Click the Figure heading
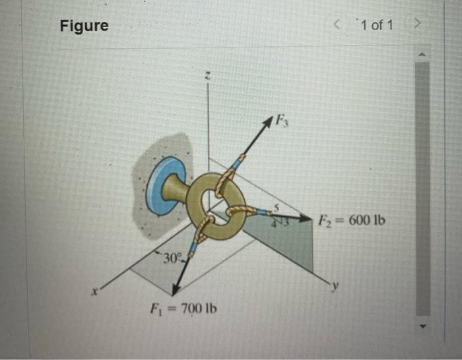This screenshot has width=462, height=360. click(x=84, y=26)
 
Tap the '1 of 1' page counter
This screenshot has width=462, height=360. click(x=376, y=25)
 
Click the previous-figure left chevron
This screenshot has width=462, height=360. click(x=337, y=25)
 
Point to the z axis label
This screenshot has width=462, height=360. click(x=207, y=77)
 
